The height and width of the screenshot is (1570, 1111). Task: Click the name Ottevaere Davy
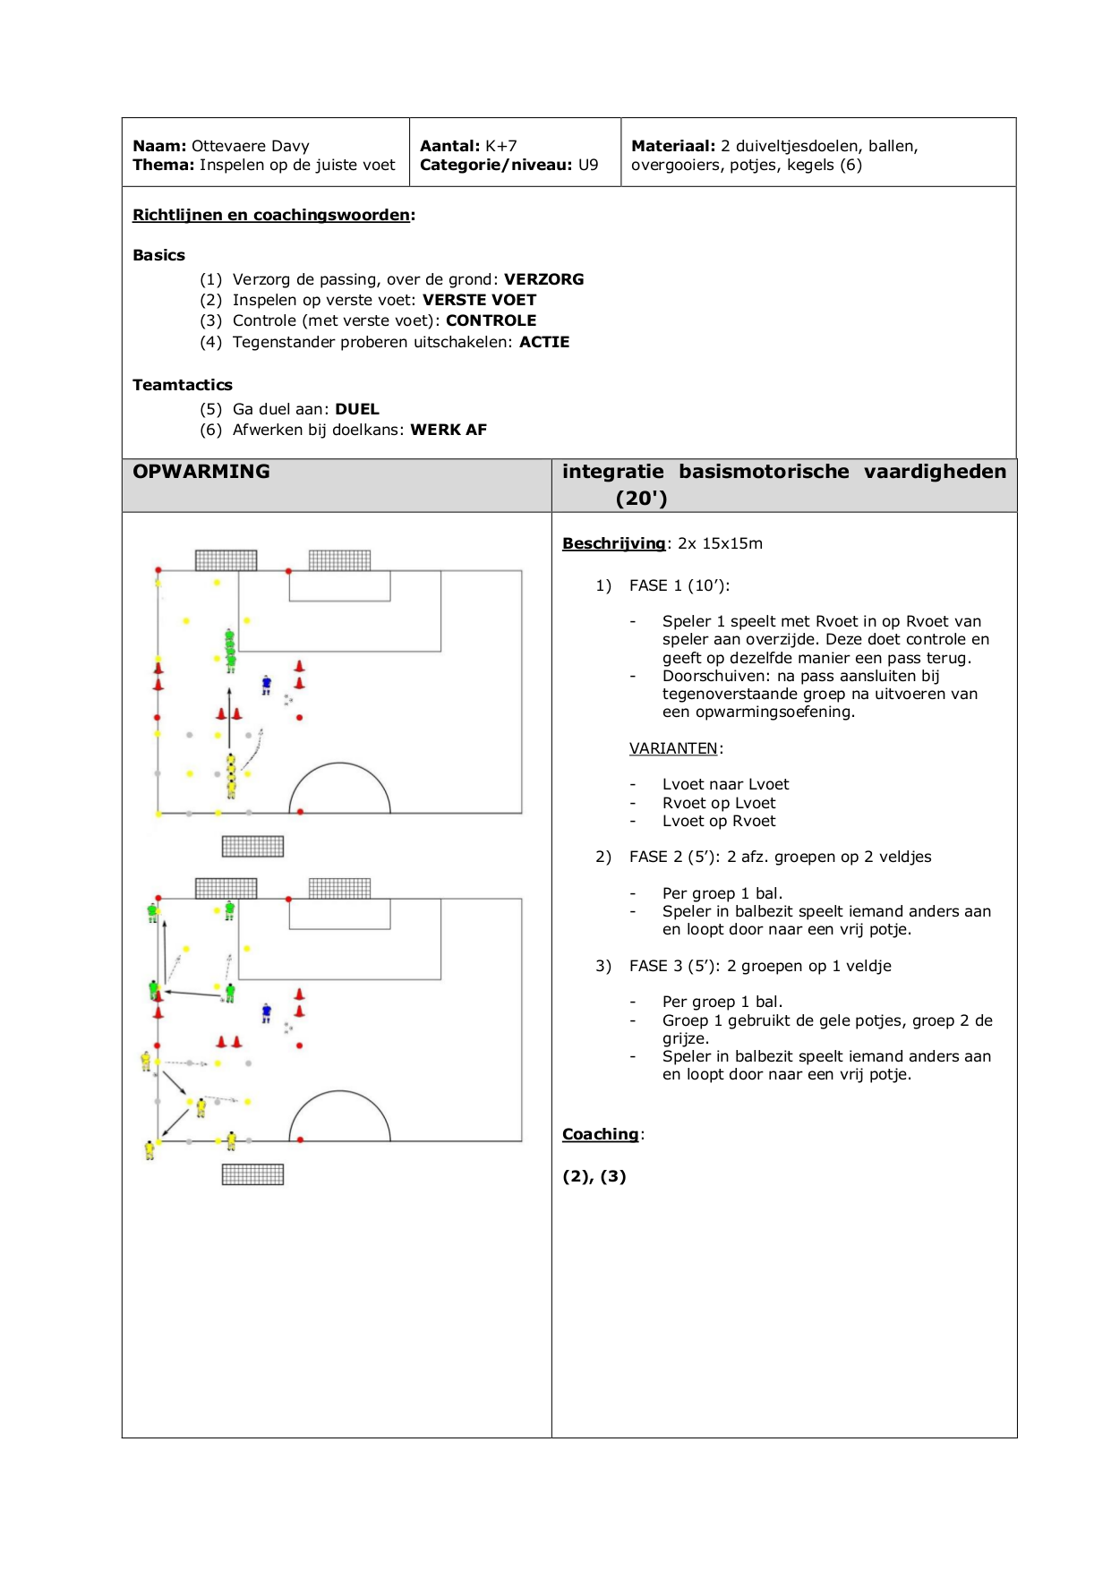click(251, 146)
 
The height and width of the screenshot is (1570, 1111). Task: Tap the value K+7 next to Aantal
click(501, 146)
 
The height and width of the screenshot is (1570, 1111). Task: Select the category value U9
click(588, 165)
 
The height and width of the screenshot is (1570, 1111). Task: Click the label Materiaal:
click(673, 146)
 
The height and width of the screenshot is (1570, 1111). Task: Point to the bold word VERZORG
click(543, 279)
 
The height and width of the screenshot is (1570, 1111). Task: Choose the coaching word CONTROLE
click(491, 320)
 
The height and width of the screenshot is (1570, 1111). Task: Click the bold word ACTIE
click(544, 342)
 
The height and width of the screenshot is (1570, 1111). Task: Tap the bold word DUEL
click(357, 409)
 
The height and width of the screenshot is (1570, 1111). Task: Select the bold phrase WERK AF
click(449, 430)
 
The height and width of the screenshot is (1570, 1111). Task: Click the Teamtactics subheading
click(183, 385)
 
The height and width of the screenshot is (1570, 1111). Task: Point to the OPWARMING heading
click(201, 472)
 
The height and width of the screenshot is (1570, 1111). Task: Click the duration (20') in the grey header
click(641, 499)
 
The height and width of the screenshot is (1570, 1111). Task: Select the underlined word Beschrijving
click(614, 543)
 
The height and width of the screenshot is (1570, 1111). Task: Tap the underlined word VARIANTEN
click(673, 748)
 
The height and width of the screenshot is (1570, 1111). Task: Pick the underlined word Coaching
click(601, 1134)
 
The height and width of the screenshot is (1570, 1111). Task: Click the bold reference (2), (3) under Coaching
click(594, 1176)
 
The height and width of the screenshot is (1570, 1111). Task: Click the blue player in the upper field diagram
click(266, 685)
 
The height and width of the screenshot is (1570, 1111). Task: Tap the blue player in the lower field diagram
click(266, 1013)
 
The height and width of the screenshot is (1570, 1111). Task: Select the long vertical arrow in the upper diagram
click(229, 718)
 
